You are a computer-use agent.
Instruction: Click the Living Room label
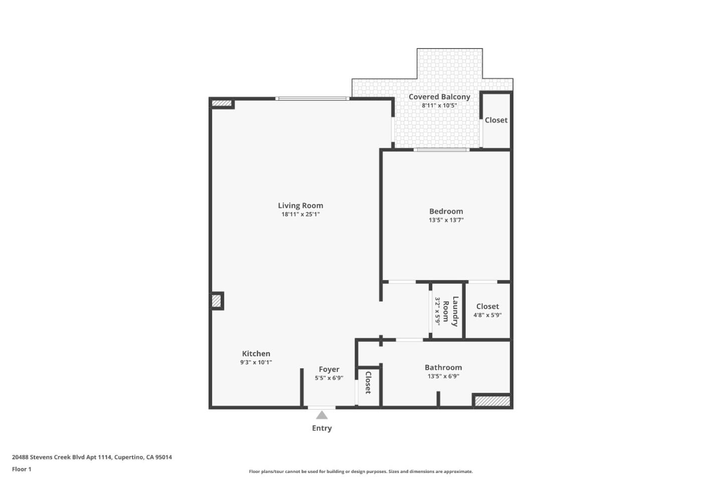pos(300,205)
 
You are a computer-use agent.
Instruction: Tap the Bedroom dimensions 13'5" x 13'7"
pos(446,220)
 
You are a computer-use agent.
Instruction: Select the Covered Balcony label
pos(439,97)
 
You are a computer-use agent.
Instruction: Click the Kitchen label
pos(256,354)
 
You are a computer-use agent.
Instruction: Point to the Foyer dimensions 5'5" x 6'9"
pos(329,378)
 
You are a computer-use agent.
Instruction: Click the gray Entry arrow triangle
pos(322,415)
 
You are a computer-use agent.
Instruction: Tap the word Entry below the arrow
pos(322,428)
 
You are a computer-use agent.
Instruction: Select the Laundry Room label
pos(450,311)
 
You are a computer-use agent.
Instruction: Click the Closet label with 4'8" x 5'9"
pos(487,306)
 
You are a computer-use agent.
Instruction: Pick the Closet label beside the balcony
pos(496,120)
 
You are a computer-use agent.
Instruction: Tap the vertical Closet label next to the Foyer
pos(368,382)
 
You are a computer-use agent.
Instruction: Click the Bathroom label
pos(443,367)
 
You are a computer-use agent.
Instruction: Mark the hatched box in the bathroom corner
pos(492,401)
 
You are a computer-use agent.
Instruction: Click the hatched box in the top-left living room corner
pos(221,104)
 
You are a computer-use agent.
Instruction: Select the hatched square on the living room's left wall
pos(216,301)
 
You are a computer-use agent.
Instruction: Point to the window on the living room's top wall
pos(312,99)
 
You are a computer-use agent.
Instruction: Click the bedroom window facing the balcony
pos(441,149)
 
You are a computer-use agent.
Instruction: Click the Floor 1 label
pos(22,469)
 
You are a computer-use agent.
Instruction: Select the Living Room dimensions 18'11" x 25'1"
pos(300,214)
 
